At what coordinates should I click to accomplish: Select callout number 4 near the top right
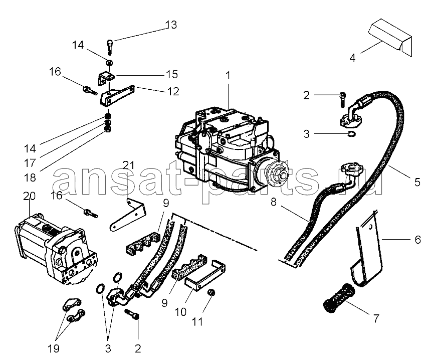[x=352, y=57]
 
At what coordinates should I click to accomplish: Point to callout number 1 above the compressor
[x=228, y=76]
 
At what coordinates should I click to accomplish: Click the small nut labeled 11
[x=211, y=293]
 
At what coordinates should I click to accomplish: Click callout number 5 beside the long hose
[x=417, y=183]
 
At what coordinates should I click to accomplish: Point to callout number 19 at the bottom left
[x=54, y=348]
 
